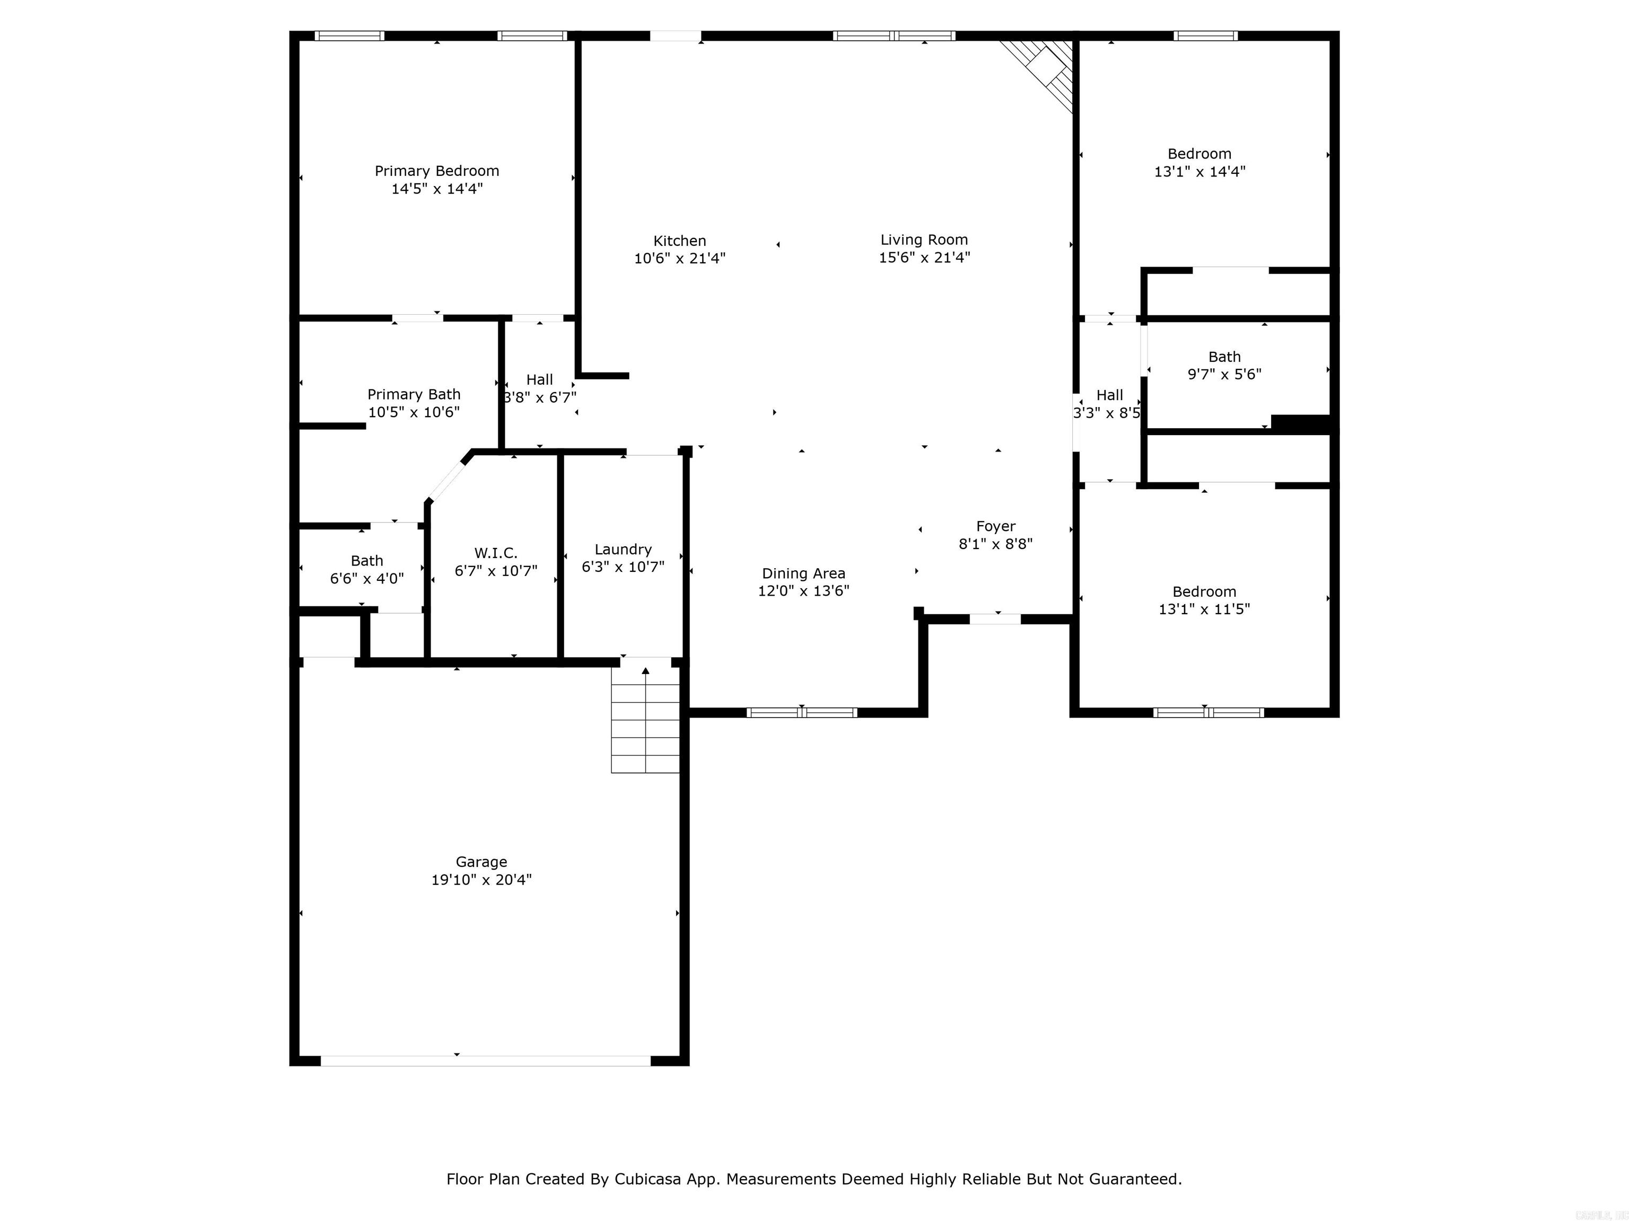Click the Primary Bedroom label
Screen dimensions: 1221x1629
(x=437, y=171)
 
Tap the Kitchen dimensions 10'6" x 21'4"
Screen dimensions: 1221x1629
(x=680, y=258)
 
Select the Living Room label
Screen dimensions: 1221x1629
(x=924, y=240)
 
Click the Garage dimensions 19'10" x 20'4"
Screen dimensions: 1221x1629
(x=481, y=880)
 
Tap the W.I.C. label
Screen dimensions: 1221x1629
(x=496, y=553)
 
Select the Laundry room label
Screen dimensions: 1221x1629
(x=623, y=549)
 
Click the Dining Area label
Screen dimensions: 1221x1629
(x=803, y=573)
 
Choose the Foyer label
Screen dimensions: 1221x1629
(x=996, y=526)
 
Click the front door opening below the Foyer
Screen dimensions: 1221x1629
(x=995, y=619)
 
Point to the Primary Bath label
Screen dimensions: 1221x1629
(x=414, y=394)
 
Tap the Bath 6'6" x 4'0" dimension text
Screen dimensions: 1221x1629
(x=367, y=579)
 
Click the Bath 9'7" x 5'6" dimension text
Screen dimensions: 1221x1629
(x=1224, y=374)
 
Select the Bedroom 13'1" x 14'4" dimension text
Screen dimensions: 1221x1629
(x=1199, y=172)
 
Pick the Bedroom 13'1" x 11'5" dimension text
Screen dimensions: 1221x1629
(x=1204, y=609)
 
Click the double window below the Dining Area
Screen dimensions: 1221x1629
(x=802, y=712)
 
